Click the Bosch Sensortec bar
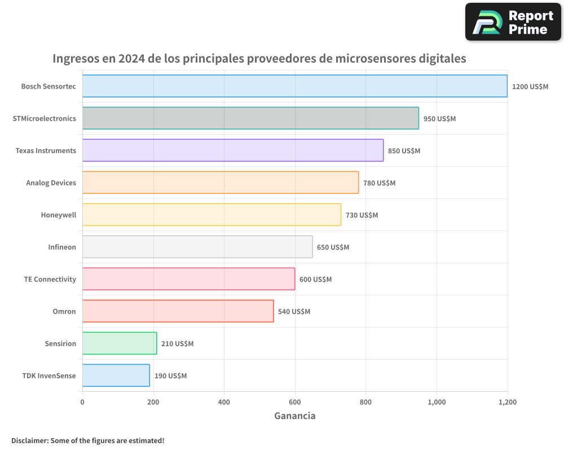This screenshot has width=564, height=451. click(294, 86)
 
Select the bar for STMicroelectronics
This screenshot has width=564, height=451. click(250, 118)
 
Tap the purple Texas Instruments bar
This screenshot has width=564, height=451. click(232, 151)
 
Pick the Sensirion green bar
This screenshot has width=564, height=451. click(119, 343)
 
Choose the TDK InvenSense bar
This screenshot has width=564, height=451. click(116, 375)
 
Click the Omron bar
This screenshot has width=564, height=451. click(178, 311)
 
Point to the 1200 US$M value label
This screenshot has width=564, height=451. click(530, 87)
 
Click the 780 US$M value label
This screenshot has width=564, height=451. click(379, 183)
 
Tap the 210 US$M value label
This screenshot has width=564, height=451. click(177, 344)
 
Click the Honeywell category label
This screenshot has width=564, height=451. click(58, 215)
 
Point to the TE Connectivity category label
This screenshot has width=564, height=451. click(50, 279)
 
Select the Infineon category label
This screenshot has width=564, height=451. click(62, 247)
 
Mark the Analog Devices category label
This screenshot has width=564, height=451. click(51, 183)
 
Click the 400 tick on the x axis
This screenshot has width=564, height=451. click(224, 402)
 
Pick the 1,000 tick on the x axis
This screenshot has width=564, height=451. click(437, 402)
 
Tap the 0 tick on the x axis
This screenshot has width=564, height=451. click(82, 402)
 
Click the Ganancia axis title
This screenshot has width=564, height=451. click(294, 416)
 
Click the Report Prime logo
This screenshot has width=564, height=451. click(513, 22)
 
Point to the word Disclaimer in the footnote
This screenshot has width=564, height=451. click(29, 440)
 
